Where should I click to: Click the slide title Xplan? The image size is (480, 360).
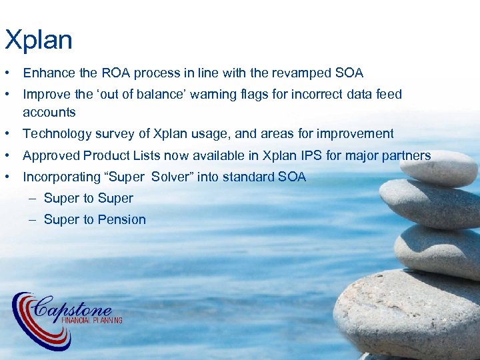pos(38,40)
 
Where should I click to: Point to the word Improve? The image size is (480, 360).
pos(45,95)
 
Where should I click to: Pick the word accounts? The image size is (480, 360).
pos(49,112)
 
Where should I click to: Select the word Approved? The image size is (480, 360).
pos(51,156)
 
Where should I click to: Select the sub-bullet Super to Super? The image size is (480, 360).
pos(88,199)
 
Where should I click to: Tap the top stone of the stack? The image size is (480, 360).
pos(442,167)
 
